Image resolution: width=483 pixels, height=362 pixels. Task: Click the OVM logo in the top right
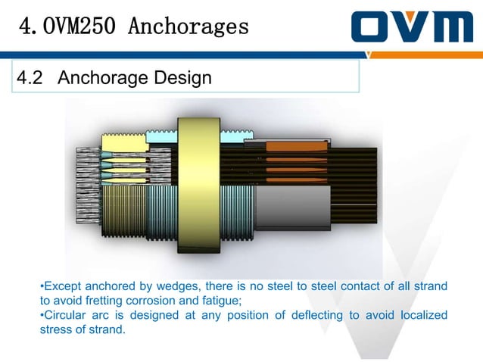[x=411, y=27]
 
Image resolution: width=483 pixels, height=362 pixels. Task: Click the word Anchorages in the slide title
[x=189, y=27]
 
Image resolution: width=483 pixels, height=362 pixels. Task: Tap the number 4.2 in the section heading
[x=33, y=78]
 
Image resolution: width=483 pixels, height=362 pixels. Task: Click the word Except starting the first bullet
[x=63, y=286]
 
